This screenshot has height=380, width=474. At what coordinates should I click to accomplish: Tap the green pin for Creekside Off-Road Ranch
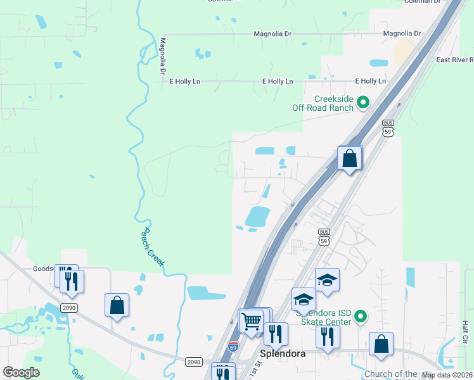(x=363, y=101)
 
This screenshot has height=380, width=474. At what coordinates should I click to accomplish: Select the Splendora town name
(x=283, y=353)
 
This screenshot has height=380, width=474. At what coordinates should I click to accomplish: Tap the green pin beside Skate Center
(x=361, y=315)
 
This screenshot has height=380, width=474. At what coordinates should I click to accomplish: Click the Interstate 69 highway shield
(x=233, y=347)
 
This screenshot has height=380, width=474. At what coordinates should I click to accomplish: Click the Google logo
(x=21, y=372)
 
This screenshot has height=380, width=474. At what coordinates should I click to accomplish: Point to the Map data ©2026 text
(x=446, y=375)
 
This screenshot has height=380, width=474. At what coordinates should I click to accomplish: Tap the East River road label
(x=454, y=60)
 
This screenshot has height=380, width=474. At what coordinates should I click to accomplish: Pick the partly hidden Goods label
(x=43, y=269)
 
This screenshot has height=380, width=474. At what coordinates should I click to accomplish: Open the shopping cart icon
(x=252, y=322)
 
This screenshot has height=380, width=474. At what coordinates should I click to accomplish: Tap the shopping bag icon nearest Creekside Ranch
(x=349, y=158)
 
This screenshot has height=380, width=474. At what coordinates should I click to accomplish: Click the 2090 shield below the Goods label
(x=70, y=307)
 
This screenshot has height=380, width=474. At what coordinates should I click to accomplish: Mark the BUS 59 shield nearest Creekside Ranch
(x=388, y=127)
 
